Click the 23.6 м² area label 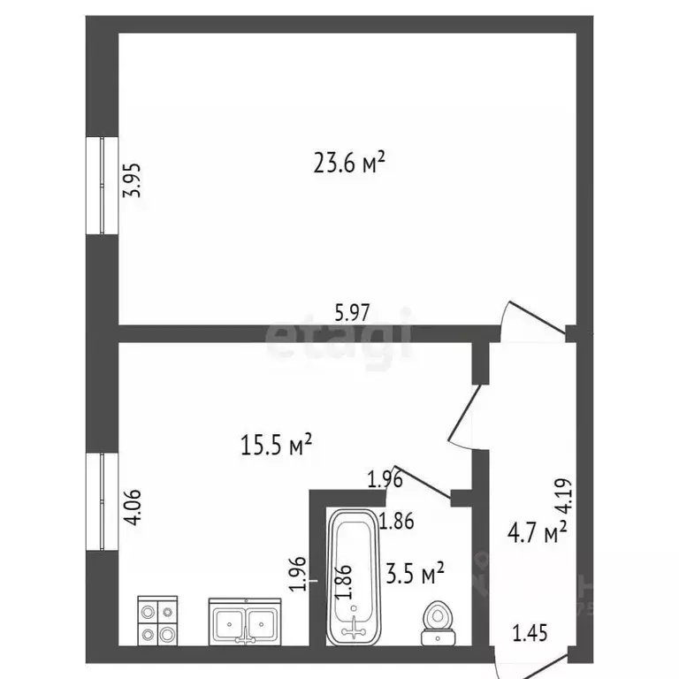point(349,163)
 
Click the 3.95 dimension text point(132,183)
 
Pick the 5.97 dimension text point(352,311)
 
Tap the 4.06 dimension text point(132,508)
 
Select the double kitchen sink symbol point(245,622)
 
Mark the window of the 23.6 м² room point(103,187)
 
